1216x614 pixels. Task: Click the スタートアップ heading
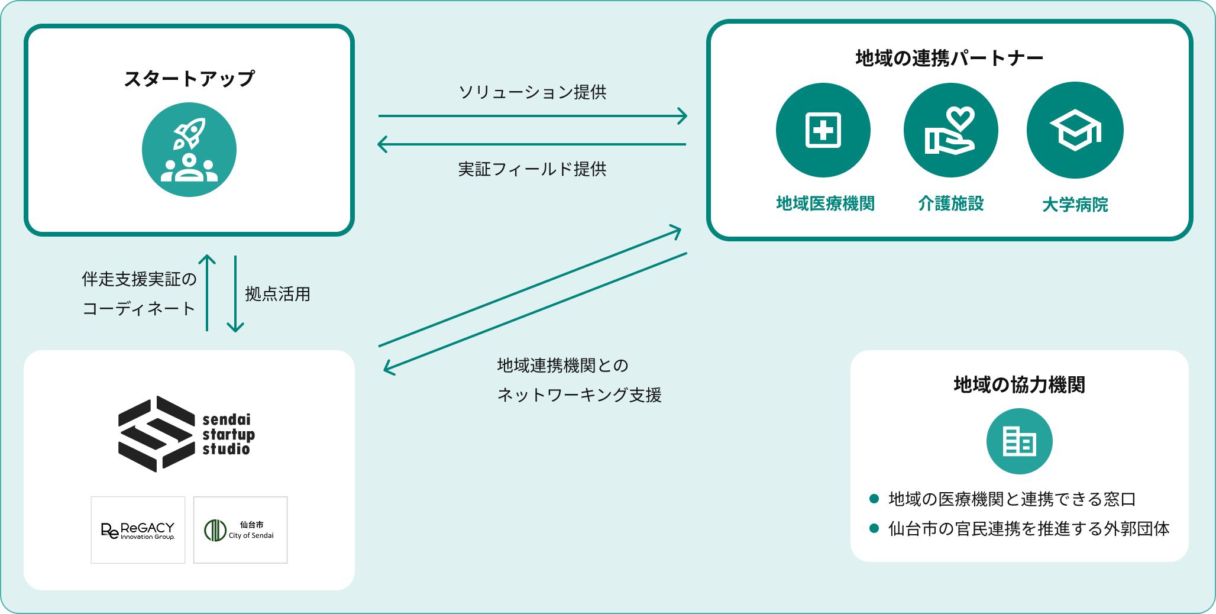189,79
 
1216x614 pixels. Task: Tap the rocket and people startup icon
189,150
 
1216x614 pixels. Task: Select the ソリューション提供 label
532,92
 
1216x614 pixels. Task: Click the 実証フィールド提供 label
532,169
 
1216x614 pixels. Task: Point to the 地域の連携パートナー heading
949,58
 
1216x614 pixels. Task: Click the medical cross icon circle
823,130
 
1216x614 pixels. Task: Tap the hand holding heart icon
950,130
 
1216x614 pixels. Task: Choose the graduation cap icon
1075,130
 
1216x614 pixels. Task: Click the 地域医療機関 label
825,203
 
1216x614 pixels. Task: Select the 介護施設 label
951,203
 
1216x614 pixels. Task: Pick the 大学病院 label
1075,205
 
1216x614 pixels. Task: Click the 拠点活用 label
277,294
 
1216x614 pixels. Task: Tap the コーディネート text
138,308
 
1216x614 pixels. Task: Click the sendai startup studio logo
187,434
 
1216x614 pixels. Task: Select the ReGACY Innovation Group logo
138,530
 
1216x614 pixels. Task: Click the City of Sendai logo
240,530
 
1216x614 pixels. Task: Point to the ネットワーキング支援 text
579,395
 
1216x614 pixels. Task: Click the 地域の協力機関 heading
1019,384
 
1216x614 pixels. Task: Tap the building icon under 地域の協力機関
1019,441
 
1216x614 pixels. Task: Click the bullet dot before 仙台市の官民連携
874,528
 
